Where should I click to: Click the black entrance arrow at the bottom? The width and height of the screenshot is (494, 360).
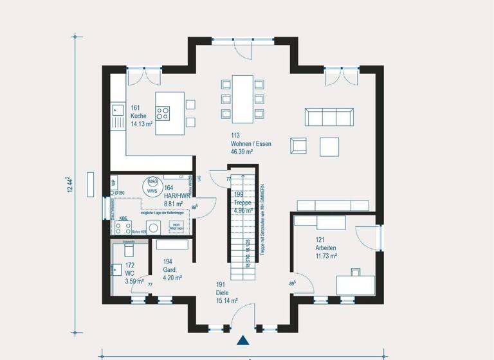coord(243,341)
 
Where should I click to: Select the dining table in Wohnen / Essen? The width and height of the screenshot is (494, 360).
coord(242,98)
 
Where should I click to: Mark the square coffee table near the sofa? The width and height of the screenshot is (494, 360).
coord(329,147)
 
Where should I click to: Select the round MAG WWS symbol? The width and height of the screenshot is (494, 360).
coord(152,186)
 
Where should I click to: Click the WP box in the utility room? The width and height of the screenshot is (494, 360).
coord(113,183)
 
